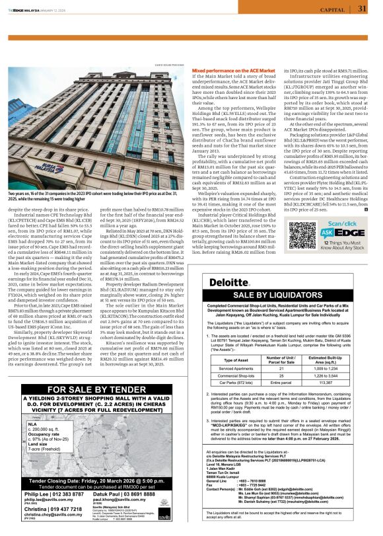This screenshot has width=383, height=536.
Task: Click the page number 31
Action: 362,9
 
